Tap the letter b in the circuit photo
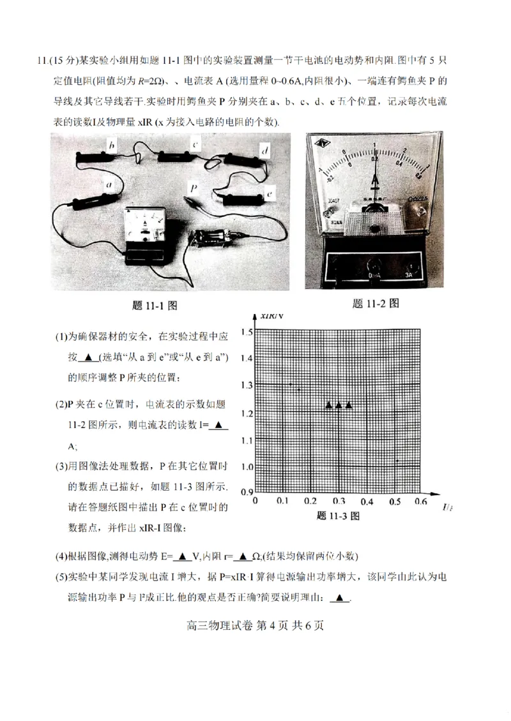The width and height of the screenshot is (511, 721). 112,146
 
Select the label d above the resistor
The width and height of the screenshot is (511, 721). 264,150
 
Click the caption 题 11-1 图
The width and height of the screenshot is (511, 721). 154,305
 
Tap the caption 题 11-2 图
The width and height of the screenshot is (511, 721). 376,304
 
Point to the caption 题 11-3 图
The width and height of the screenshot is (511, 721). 338,516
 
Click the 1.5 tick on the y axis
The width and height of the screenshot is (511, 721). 246,332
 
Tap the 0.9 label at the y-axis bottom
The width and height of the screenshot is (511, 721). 246,491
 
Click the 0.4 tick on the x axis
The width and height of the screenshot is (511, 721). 367,502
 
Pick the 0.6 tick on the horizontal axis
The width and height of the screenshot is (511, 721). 421,502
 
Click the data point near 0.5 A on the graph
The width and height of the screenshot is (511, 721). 397,461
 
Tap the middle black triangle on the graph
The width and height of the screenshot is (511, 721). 339,405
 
